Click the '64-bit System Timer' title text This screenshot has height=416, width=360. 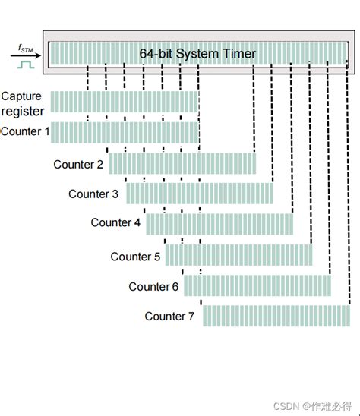tap(197, 54)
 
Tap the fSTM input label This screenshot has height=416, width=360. tap(26, 49)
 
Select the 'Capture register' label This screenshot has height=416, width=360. tap(23, 104)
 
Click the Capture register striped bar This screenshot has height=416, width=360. tap(125, 102)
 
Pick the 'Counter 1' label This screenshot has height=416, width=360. tap(25, 131)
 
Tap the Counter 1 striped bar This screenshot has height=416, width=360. tap(125, 132)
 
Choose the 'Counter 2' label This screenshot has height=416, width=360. tap(78, 164)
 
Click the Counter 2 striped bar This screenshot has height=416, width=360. tap(182, 163)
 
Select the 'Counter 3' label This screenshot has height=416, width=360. tap(93, 194)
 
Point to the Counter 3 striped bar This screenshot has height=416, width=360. tap(200, 193)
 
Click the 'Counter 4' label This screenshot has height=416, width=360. tap(115, 222)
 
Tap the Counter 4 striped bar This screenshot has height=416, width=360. tap(219, 223)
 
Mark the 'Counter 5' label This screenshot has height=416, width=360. tap(135, 257)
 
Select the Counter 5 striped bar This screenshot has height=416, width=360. tap(238, 254)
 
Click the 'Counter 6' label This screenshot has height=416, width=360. tap(153, 286)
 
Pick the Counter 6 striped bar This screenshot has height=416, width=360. tap(257, 285)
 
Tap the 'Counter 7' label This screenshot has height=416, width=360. tap(170, 316)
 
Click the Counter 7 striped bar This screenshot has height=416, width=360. tap(276, 315)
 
